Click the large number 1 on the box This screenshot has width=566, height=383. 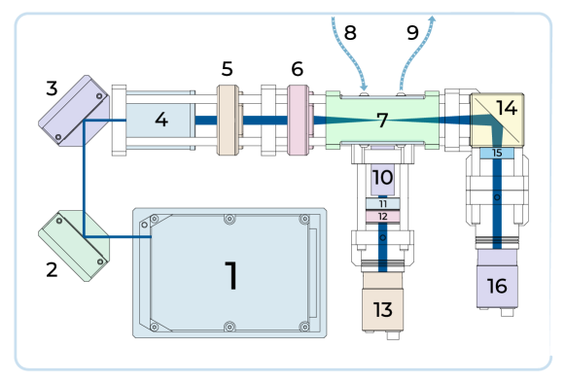(x=230, y=275)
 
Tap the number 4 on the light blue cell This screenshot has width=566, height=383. (x=160, y=120)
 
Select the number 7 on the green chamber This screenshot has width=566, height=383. (x=382, y=121)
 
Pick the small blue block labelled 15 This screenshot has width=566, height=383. (x=497, y=153)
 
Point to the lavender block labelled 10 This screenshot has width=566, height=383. (x=382, y=178)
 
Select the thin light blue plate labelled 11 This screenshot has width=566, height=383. (x=382, y=203)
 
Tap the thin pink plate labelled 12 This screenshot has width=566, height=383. (x=382, y=216)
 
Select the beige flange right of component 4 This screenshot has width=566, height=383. (x=229, y=120)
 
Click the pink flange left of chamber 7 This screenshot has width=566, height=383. (x=299, y=120)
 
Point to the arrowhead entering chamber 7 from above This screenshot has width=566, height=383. (x=364, y=87)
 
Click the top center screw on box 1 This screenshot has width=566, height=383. (x=230, y=219)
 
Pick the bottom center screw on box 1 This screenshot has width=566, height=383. (x=230, y=327)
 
